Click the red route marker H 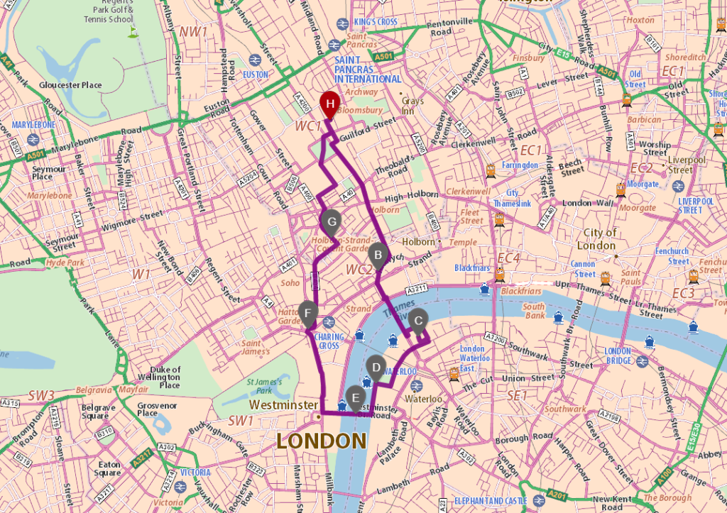coord(329,104)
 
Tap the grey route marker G coord(330,221)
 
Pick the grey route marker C coord(418,321)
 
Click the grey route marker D coord(376,367)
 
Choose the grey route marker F coord(307,312)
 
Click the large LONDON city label coord(321,441)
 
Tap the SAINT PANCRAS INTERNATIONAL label coord(368,70)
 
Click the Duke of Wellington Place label coord(165,377)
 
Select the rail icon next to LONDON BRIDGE coord(641,360)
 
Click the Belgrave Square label coord(98,412)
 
